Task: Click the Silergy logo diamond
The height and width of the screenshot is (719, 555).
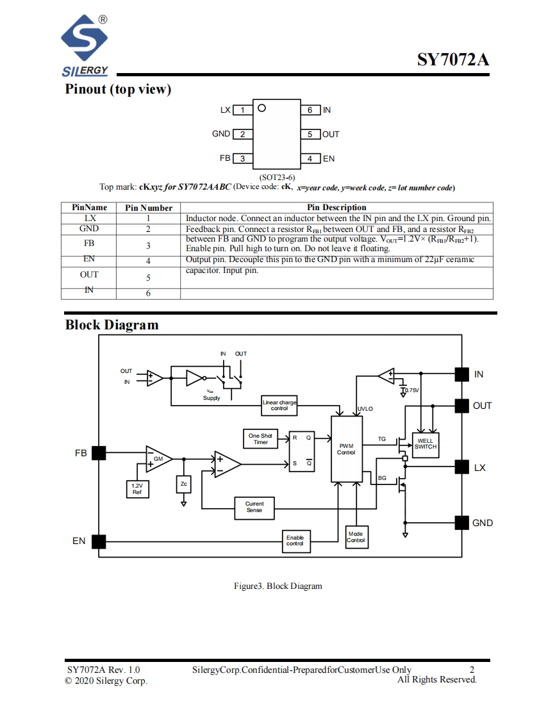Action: click(x=85, y=38)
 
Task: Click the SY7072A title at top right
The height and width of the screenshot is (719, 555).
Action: click(x=452, y=60)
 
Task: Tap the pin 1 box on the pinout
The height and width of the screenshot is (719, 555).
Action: click(x=243, y=110)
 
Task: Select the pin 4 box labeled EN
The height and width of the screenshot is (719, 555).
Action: click(x=311, y=159)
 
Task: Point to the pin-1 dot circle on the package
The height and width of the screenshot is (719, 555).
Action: click(x=262, y=108)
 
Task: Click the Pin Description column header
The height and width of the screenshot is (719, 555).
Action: click(x=336, y=207)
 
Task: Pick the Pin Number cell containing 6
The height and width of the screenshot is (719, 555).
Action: click(x=148, y=293)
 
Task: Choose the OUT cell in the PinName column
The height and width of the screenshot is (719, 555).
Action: click(x=89, y=275)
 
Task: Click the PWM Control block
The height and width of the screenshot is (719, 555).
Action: click(x=346, y=449)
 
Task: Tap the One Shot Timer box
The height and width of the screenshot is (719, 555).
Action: click(x=260, y=439)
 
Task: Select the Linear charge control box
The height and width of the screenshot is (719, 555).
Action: click(x=279, y=406)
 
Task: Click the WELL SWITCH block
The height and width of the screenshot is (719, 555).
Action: click(x=426, y=445)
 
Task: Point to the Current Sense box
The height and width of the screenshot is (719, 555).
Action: click(x=254, y=508)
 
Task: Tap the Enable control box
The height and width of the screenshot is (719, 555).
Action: click(x=295, y=541)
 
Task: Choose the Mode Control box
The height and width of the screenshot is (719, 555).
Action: click(x=356, y=537)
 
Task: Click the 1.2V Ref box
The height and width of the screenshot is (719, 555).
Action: click(x=137, y=490)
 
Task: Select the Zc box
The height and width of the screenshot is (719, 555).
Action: click(x=183, y=484)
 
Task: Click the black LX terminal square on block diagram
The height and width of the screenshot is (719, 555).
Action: click(x=462, y=467)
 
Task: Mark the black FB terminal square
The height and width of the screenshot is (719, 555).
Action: click(x=99, y=453)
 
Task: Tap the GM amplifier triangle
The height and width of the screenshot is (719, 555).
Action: click(x=158, y=459)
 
